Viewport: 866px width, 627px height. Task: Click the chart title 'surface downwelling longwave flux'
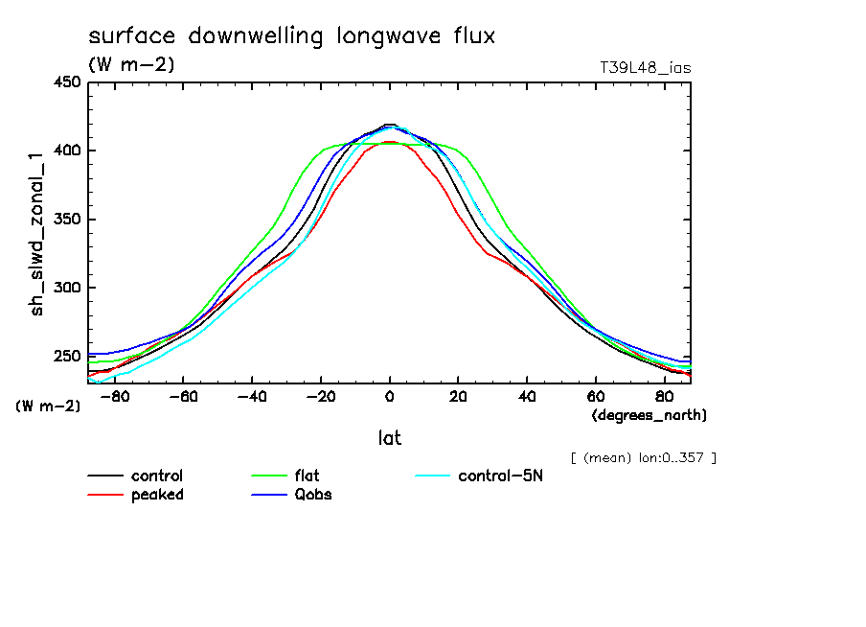pos(291,36)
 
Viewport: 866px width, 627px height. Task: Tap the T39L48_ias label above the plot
pos(645,68)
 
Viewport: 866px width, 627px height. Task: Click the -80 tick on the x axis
pos(115,395)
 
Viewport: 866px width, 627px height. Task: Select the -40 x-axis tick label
pos(251,395)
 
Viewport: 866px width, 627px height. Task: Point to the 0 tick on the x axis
pos(389,395)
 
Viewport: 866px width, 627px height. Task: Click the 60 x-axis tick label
pos(595,395)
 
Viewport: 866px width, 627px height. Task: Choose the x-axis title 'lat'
pos(389,438)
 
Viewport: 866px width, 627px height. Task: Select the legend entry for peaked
pos(157,495)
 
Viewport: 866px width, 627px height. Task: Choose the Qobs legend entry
pos(313,495)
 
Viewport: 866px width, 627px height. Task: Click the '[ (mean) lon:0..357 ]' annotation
pos(643,457)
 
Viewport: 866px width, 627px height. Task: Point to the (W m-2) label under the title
pos(131,65)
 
